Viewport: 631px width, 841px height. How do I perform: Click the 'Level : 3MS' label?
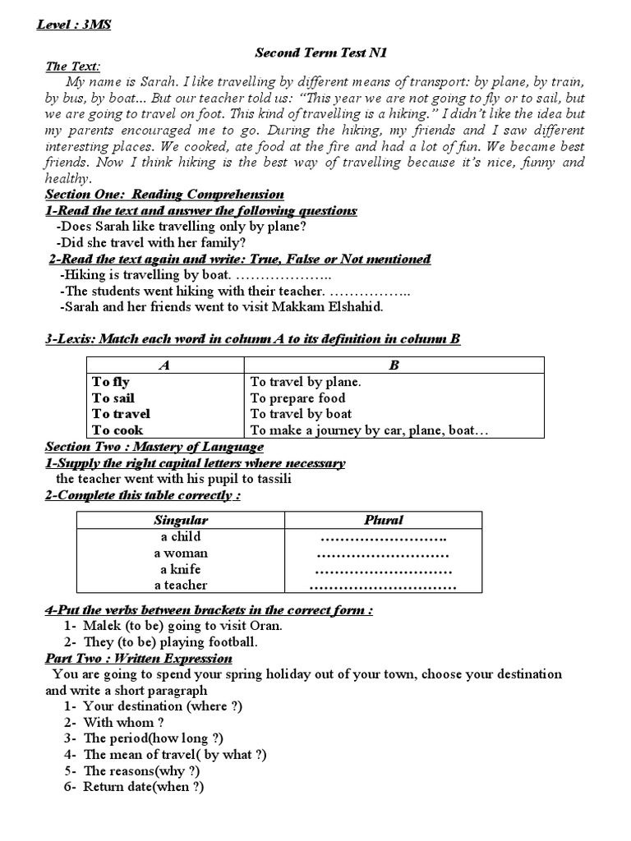[x=74, y=25]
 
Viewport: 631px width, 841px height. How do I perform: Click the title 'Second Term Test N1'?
[x=320, y=53]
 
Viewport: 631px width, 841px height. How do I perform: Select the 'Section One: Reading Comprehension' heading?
[x=164, y=195]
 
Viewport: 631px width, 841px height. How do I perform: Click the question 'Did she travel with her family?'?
[x=151, y=242]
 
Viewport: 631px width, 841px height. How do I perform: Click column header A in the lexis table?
[x=164, y=365]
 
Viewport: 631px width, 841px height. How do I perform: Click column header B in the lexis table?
[x=394, y=365]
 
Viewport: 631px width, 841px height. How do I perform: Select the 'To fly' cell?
[x=111, y=382]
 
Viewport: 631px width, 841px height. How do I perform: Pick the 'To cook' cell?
[x=117, y=430]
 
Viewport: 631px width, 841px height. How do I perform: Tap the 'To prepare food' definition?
[x=297, y=398]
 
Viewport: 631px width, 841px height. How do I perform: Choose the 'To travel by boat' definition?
[x=301, y=414]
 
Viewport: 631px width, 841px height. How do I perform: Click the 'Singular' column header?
[x=181, y=520]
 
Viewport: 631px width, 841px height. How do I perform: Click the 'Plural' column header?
[x=383, y=520]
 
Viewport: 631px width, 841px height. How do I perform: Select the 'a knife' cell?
[x=181, y=569]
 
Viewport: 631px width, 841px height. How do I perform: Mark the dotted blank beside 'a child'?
[x=383, y=537]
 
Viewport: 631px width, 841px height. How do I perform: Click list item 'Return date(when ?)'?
[x=144, y=787]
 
